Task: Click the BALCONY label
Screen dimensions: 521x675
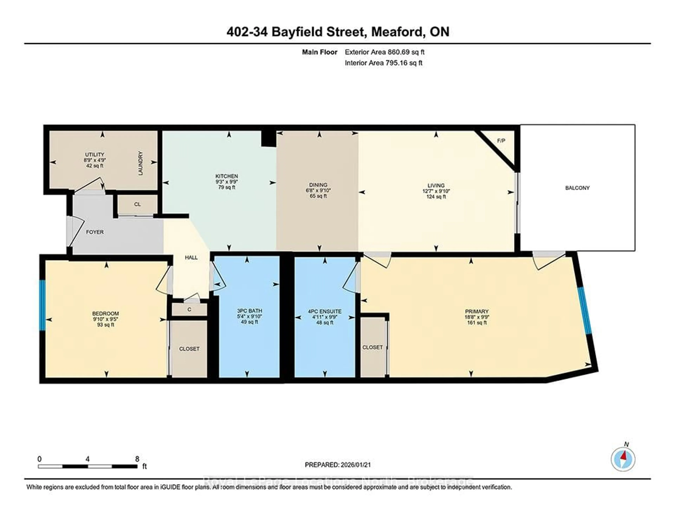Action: [577, 188]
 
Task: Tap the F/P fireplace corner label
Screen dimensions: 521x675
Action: [501, 141]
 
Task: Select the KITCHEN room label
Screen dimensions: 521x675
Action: [227, 176]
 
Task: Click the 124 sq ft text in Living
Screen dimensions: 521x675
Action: [436, 197]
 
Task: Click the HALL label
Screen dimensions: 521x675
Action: [191, 258]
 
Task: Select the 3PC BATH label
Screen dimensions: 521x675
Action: [249, 311]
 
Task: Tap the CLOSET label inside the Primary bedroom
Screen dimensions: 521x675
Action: [372, 347]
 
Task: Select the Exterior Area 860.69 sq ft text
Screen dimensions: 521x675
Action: [384, 52]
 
